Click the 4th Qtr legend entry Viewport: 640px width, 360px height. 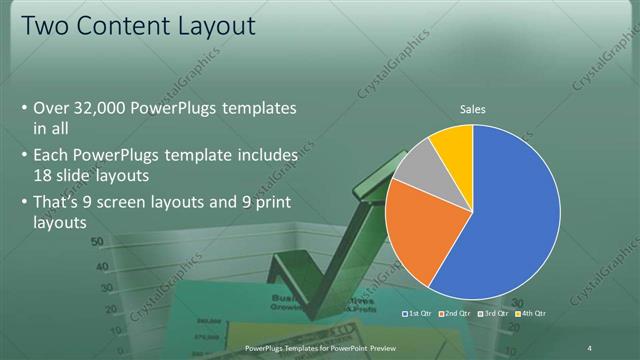point(531,313)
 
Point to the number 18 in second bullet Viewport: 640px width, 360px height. point(43,175)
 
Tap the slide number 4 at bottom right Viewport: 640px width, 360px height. point(590,347)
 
